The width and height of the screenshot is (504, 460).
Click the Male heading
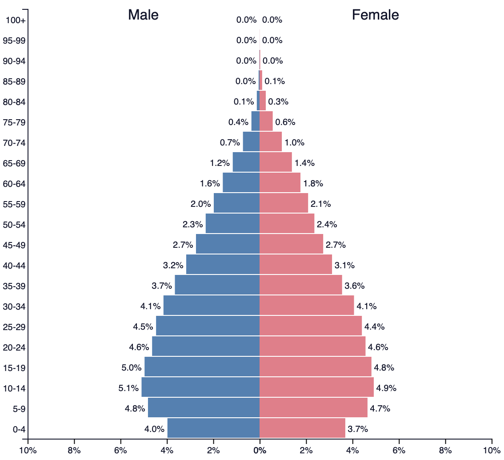coord(143,15)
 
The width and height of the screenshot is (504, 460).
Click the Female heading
coord(375,15)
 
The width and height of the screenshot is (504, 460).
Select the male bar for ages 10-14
coord(200,387)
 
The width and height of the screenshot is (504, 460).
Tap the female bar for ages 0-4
coord(302,428)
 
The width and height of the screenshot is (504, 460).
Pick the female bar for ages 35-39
coord(301,285)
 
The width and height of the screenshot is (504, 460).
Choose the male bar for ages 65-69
coord(246,162)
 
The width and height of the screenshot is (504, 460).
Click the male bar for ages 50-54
coord(232,224)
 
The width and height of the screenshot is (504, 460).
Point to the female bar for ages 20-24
coord(312,347)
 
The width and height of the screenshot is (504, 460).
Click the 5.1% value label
coord(128,388)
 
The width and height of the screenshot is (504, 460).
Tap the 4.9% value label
coord(386,388)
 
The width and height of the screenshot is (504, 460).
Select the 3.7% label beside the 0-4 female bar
coord(358,429)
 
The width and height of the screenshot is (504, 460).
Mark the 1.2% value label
coord(220,163)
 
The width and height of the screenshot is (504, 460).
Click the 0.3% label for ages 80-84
coord(278,102)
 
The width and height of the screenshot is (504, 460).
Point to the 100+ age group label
coord(16,20)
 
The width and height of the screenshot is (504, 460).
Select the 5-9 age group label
coord(18,409)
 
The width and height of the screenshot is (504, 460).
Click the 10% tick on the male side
coord(28,450)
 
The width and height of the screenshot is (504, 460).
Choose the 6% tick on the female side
coord(399,450)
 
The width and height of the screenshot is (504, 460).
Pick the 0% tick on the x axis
coord(260,450)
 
